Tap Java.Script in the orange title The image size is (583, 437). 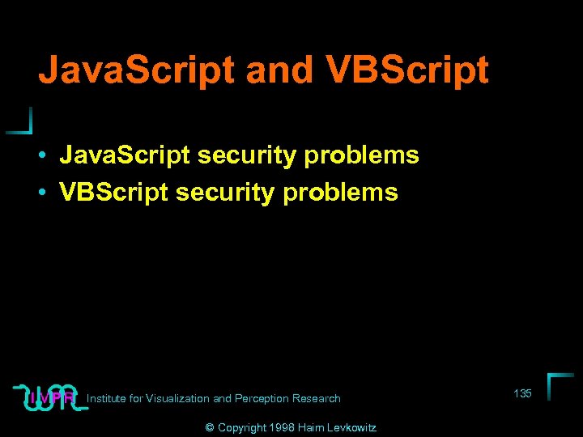click(x=137, y=70)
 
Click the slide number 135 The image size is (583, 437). click(x=522, y=393)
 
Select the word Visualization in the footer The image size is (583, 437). click(x=178, y=398)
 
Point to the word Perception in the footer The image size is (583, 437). click(x=262, y=398)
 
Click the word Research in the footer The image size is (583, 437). click(x=317, y=398)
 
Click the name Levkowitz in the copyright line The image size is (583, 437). click(x=352, y=427)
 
